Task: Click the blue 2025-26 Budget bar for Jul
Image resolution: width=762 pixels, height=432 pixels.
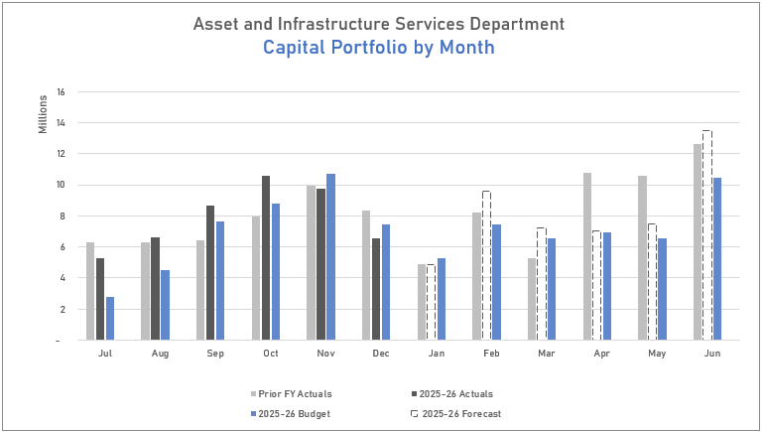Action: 110,318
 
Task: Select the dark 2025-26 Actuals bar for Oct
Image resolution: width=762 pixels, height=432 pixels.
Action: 266,258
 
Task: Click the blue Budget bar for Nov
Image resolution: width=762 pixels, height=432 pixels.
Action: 331,257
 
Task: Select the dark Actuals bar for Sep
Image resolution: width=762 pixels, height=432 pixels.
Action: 210,273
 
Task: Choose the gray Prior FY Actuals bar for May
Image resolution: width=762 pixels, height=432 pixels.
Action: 642,258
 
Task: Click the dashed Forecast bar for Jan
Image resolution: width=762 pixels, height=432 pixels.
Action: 431,302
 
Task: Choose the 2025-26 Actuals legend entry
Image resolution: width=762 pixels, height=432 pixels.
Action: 450,394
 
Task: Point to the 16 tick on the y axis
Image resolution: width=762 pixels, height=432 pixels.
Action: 61,92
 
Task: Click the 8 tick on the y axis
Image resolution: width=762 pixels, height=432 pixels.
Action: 62,216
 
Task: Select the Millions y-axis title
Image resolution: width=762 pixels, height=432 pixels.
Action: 43,114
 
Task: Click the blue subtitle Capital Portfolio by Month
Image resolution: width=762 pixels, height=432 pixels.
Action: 379,48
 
